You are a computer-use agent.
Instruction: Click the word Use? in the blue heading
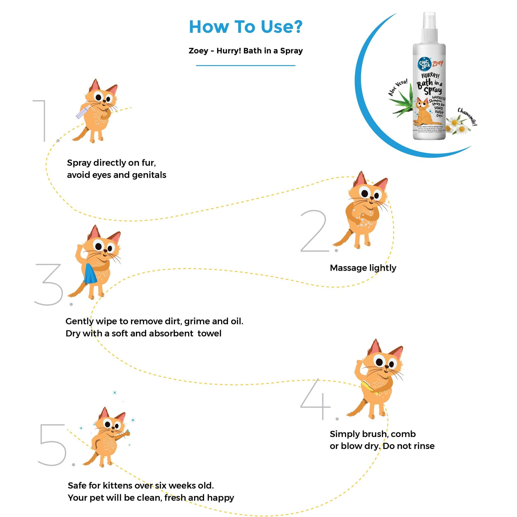point(281,27)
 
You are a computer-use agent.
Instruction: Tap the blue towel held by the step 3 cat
point(90,273)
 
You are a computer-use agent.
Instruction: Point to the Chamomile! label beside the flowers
point(467,117)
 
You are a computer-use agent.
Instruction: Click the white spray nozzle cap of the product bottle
point(430,27)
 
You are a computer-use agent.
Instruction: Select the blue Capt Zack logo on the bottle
point(424,64)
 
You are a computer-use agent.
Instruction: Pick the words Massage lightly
point(363,268)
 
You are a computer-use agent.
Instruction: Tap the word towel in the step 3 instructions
point(209,333)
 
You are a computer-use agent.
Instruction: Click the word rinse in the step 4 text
point(424,446)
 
